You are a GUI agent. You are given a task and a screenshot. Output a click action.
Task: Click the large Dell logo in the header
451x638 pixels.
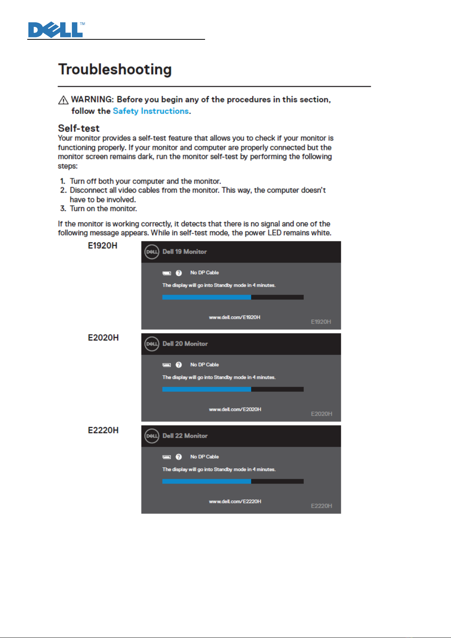click(x=56, y=30)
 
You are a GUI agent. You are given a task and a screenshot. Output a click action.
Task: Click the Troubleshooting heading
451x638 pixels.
click(x=115, y=70)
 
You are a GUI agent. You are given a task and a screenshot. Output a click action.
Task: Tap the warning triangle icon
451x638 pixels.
click(x=63, y=100)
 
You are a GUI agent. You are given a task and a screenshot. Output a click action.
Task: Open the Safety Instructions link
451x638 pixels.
click(x=151, y=111)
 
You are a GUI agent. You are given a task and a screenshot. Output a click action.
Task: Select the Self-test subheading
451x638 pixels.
click(x=79, y=128)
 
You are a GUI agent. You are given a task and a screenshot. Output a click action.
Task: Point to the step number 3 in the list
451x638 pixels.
click(x=63, y=209)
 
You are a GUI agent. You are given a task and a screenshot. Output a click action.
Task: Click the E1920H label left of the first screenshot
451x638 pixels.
click(x=103, y=246)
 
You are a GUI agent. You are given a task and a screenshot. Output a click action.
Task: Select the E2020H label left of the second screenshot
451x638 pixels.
click(x=103, y=338)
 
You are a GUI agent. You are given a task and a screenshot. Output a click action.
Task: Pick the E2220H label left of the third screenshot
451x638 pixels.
click(x=103, y=431)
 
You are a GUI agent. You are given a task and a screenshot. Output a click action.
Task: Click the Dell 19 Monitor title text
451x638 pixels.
click(x=185, y=252)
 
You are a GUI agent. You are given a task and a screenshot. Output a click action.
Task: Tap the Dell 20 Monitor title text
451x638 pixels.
click(x=185, y=344)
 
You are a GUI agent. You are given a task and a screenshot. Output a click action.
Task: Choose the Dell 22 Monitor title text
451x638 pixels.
click(x=185, y=436)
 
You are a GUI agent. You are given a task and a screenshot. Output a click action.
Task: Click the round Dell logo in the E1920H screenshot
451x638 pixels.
click(x=152, y=252)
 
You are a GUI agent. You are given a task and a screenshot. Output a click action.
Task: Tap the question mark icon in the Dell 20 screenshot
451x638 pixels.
click(x=179, y=365)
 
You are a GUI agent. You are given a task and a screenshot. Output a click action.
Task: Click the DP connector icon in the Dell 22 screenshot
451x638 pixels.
click(x=167, y=457)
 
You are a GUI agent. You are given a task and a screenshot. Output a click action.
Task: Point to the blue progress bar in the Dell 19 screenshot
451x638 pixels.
click(x=207, y=297)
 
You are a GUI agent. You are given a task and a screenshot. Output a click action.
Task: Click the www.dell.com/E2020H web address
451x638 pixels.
click(x=235, y=409)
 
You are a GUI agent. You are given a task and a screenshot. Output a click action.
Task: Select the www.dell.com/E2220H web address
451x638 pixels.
click(x=235, y=501)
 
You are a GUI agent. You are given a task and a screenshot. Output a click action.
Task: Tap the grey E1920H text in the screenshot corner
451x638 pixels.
click(x=321, y=322)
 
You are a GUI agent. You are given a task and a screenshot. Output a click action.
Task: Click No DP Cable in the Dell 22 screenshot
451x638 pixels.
click(x=204, y=457)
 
